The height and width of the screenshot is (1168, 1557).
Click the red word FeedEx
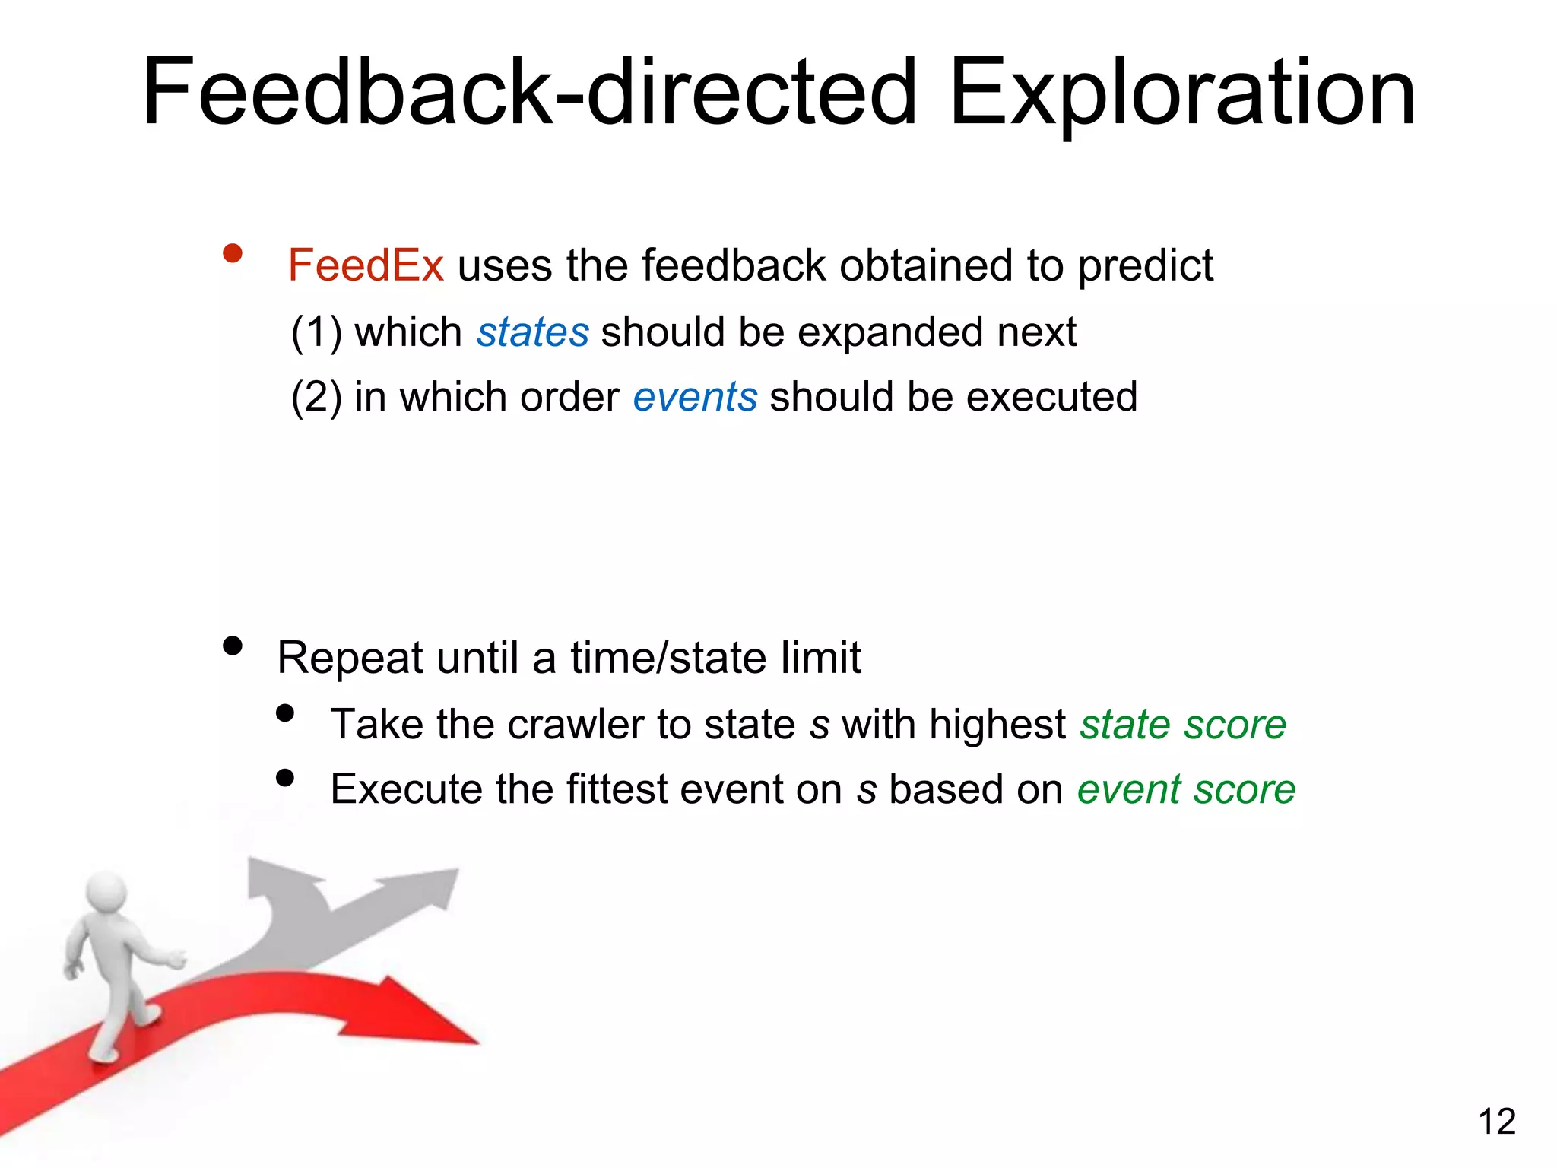(366, 266)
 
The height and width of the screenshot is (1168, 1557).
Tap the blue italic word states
(532, 332)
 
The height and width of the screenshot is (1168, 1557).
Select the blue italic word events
(695, 397)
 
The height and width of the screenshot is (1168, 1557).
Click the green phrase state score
(1183, 725)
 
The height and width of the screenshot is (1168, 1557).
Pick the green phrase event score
(1186, 789)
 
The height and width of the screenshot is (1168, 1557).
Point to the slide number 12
(1496, 1122)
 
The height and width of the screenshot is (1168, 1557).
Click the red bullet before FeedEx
(233, 254)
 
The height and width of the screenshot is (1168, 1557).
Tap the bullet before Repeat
(233, 646)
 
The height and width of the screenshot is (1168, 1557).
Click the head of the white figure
(106, 890)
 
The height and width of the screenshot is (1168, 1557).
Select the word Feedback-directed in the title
(530, 93)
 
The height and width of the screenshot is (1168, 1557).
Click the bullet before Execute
(285, 778)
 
